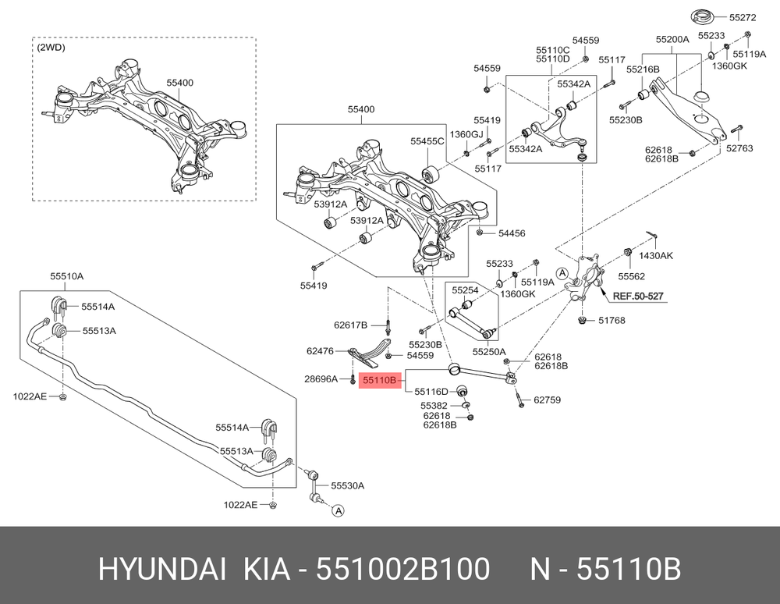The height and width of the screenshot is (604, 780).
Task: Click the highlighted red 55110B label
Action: (380, 381)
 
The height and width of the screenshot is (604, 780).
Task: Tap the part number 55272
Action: (743, 17)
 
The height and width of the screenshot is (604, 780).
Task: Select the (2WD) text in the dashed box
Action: (51, 48)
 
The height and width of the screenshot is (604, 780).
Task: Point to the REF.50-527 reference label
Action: (638, 297)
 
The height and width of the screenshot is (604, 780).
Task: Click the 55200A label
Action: (672, 39)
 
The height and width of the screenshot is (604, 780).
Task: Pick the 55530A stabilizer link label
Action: (348, 485)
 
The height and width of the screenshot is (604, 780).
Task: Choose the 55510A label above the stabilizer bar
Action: (66, 276)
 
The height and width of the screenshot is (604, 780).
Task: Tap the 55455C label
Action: (427, 141)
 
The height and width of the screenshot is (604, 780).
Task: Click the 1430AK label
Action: (656, 256)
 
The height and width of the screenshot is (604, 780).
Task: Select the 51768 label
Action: (612, 321)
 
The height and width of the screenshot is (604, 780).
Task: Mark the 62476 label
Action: (320, 351)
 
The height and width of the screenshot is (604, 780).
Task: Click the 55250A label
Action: (489, 352)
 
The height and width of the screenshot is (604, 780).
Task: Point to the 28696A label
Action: (321, 379)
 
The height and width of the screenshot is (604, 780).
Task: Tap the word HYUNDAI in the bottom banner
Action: (161, 569)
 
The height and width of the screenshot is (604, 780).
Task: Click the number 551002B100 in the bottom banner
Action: (403, 569)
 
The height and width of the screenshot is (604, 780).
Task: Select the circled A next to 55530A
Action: (338, 511)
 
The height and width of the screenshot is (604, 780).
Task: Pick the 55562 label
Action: (631, 276)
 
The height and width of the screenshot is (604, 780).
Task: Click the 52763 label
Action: (739, 148)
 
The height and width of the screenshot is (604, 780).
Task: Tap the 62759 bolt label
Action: (548, 400)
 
